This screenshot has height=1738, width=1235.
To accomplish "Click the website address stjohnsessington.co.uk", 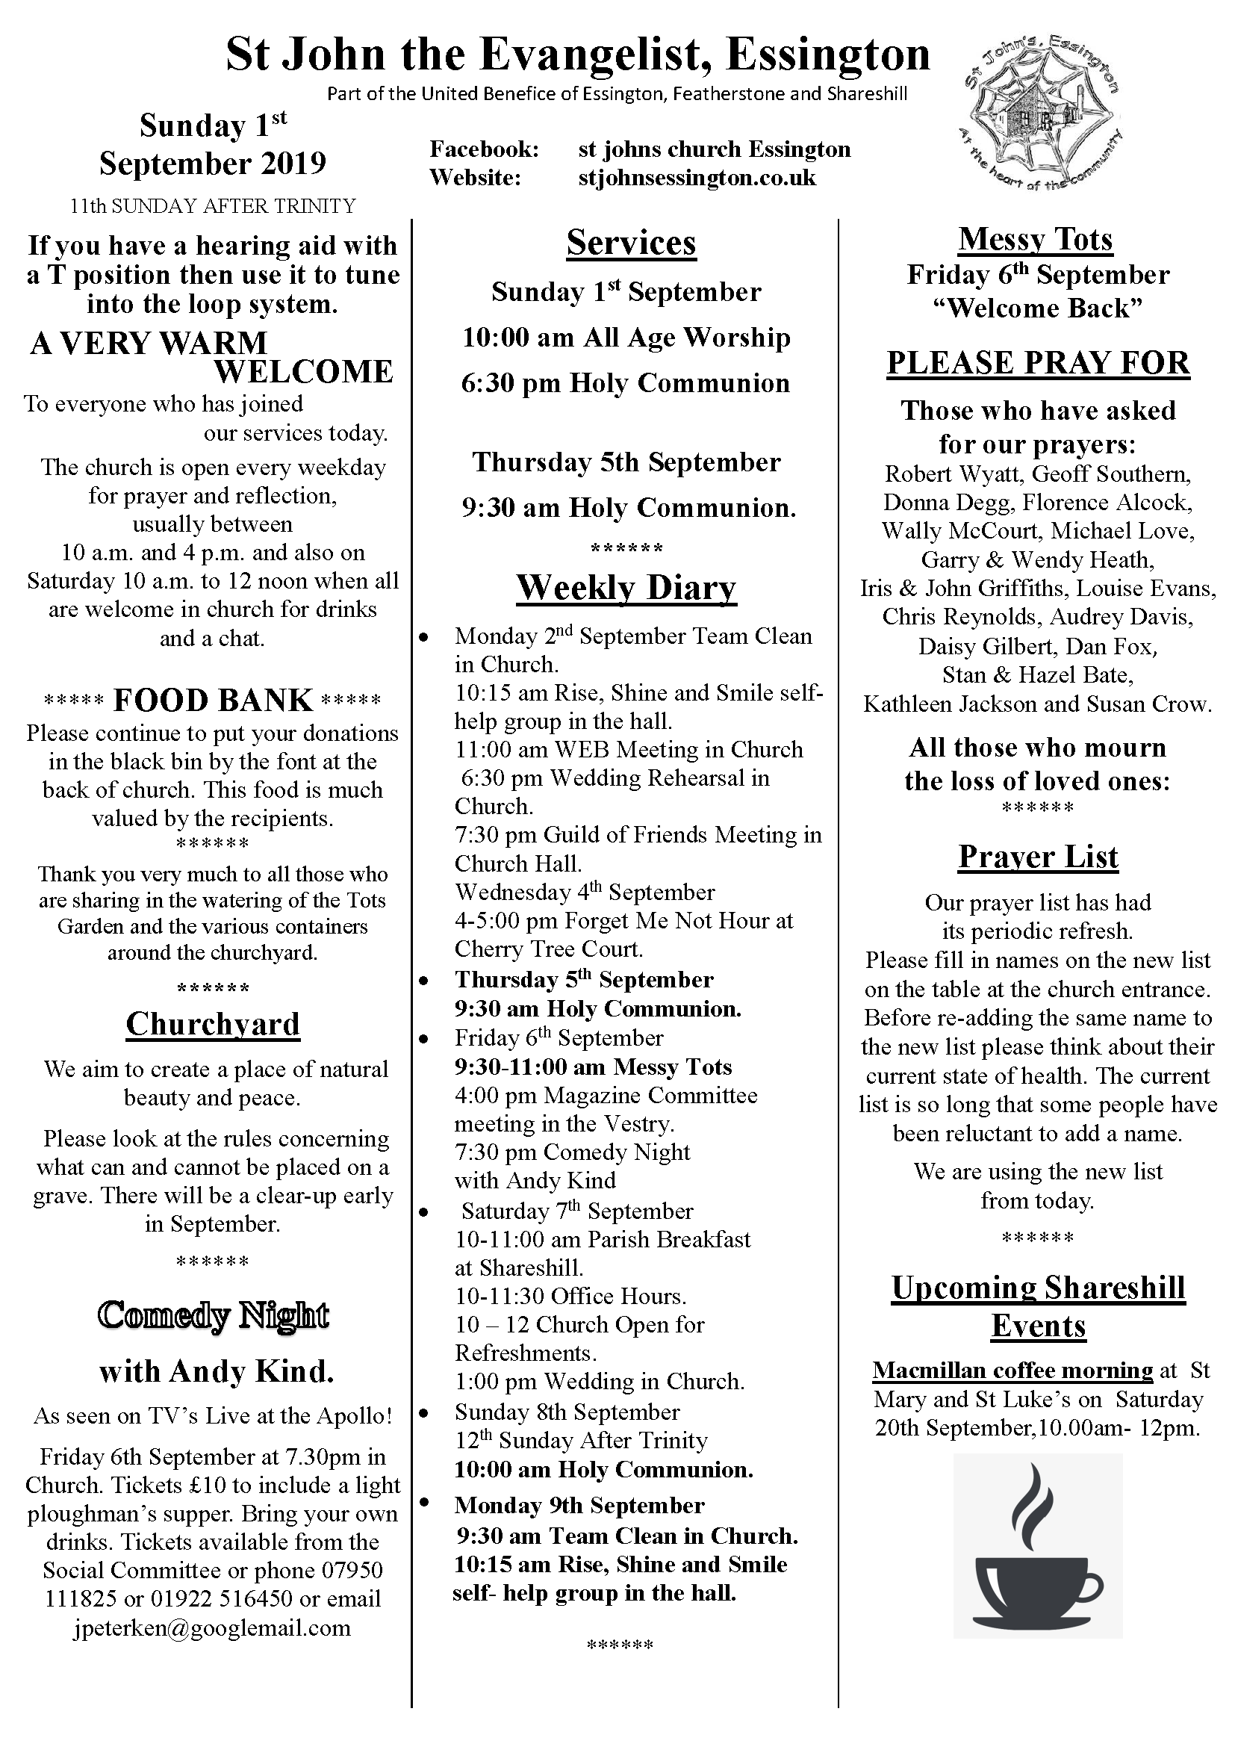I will (x=696, y=178).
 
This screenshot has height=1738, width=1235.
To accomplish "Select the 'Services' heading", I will (x=630, y=243).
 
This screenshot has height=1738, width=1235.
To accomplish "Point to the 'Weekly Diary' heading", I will (x=626, y=588).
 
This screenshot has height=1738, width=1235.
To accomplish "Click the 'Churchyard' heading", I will (x=213, y=1024).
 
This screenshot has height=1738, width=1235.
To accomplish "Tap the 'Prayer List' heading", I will (x=1037, y=857).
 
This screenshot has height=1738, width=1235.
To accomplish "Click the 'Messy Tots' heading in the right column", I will (x=1035, y=239).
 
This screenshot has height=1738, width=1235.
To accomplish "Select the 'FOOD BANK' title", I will (x=213, y=701).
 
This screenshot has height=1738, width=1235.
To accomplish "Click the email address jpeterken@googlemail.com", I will (x=212, y=1628).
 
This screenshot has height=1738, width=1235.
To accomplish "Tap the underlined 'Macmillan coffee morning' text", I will (x=1012, y=1371).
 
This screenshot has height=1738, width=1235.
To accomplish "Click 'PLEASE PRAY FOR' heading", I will (x=1037, y=363).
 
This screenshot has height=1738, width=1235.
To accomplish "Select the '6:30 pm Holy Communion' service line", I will (x=625, y=383).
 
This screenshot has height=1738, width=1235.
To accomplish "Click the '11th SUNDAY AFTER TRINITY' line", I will (x=212, y=206).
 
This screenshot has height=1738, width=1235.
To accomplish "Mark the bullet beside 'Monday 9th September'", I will (x=424, y=1503).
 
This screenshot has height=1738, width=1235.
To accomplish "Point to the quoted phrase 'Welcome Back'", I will (x=1037, y=308).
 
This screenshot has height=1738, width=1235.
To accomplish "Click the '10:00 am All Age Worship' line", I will (x=626, y=338).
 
